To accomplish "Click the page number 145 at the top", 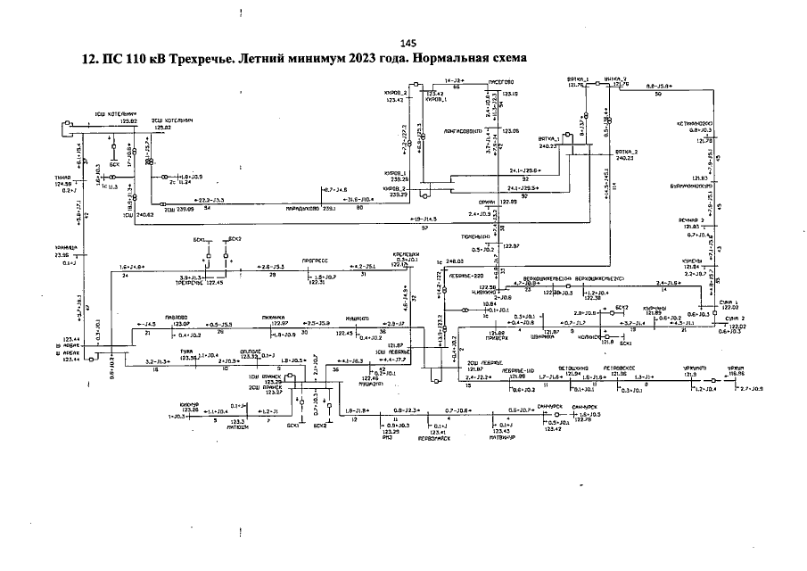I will tap(408, 43).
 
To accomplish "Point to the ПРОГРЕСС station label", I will tap(317, 260).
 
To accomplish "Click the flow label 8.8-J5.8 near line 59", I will tap(661, 86).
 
